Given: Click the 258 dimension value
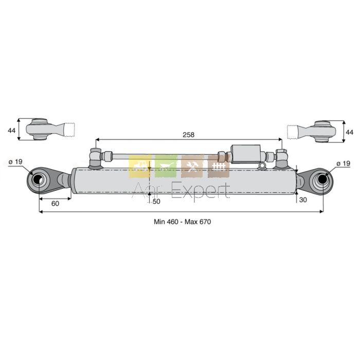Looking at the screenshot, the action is tap(189, 135).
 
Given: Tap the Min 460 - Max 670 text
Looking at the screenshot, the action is tap(182, 222).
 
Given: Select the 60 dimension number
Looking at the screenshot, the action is tap(55, 204).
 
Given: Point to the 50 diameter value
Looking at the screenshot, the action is tap(156, 202).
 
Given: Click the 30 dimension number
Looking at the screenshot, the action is tap(303, 200).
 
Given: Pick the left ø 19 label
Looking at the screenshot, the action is tap(15, 162).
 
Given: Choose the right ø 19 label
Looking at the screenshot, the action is tap(343, 164).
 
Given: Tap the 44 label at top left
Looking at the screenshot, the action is tap(11, 130).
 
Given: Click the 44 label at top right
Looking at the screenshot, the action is tap(349, 133).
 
